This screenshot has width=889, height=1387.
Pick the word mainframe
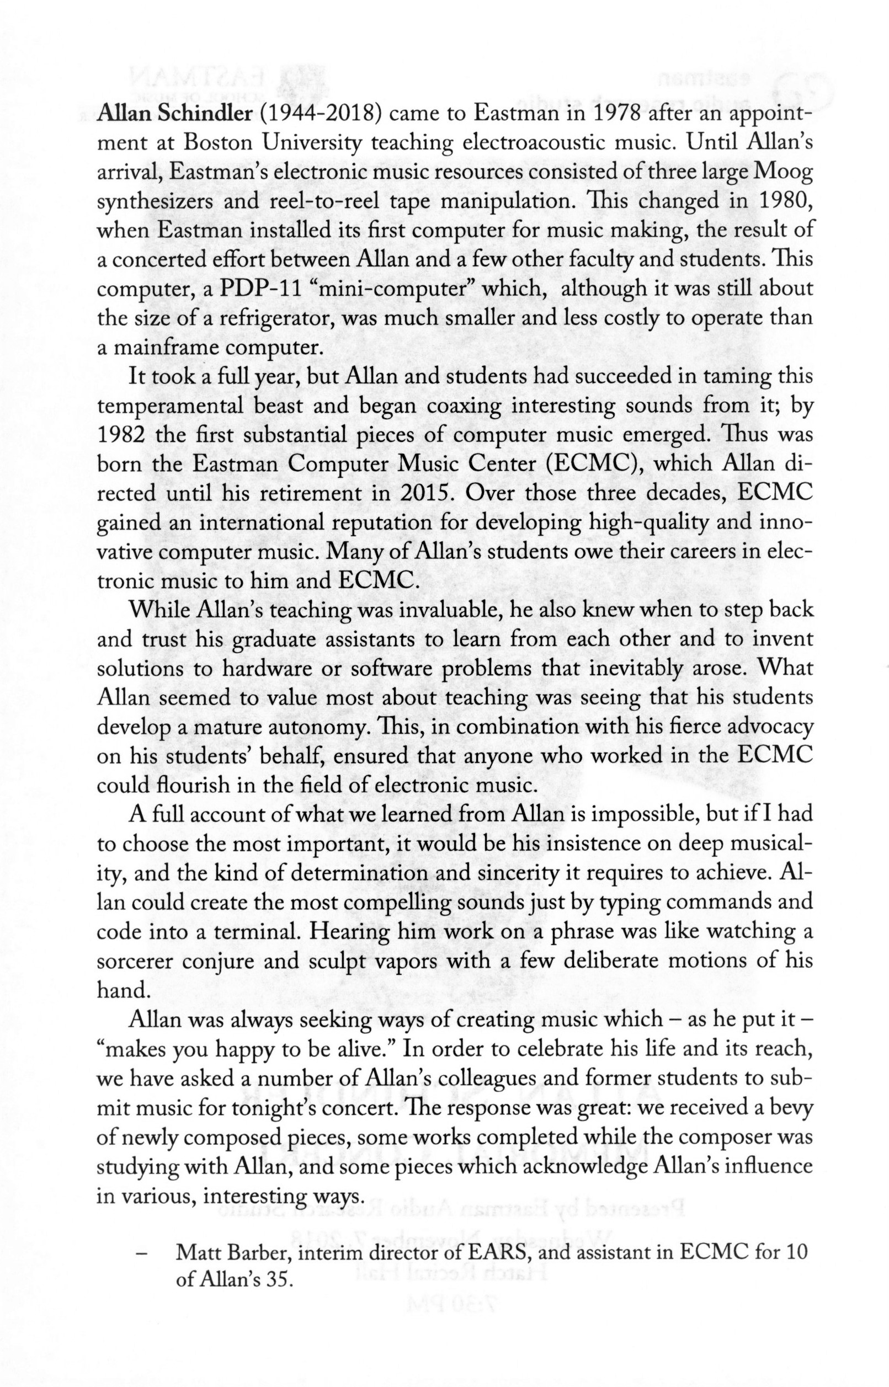(163, 348)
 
